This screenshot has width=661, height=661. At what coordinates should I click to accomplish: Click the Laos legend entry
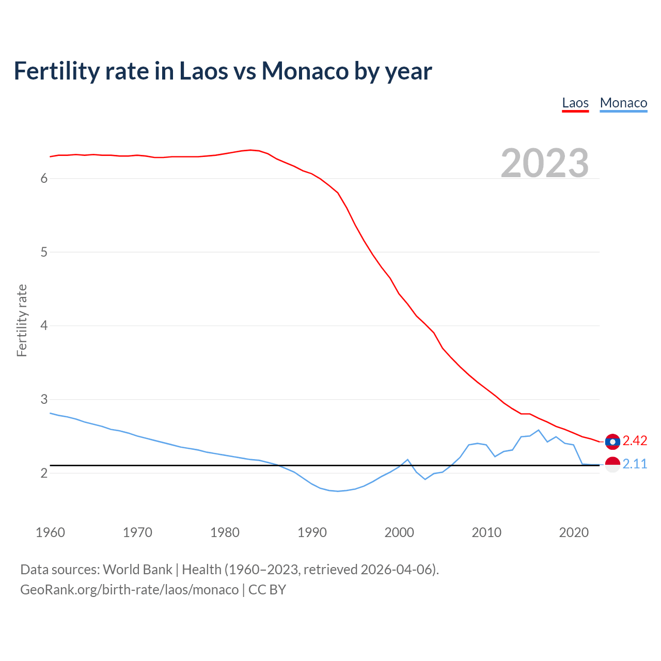pyautogui.click(x=575, y=103)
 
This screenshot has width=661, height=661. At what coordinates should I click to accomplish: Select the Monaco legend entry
pyautogui.click(x=623, y=103)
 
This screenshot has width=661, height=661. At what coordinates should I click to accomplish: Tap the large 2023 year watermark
pyautogui.click(x=545, y=163)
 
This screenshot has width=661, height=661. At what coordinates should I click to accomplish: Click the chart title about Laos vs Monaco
pyautogui.click(x=223, y=71)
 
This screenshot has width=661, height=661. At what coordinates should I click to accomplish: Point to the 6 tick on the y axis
pyautogui.click(x=44, y=179)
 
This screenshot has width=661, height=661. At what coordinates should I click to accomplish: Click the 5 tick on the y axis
pyautogui.click(x=44, y=252)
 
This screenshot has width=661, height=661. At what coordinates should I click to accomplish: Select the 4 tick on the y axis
pyautogui.click(x=44, y=326)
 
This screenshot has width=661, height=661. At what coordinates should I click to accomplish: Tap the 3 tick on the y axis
pyautogui.click(x=44, y=399)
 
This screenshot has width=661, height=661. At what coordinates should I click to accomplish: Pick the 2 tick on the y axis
pyautogui.click(x=44, y=473)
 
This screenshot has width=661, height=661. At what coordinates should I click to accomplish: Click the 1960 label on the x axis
pyautogui.click(x=50, y=532)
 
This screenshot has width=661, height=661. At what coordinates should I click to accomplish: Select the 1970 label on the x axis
pyautogui.click(x=137, y=532)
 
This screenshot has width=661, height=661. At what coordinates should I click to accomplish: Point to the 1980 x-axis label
pyautogui.click(x=225, y=532)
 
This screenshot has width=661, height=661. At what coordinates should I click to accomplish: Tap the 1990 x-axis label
pyautogui.click(x=312, y=532)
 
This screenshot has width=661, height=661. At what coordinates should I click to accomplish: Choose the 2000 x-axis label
pyautogui.click(x=399, y=532)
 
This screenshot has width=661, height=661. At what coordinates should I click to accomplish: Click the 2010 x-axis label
pyautogui.click(x=486, y=532)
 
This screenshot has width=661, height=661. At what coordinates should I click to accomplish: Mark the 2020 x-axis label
pyautogui.click(x=574, y=532)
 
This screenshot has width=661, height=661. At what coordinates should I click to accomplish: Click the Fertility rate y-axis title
pyautogui.click(x=22, y=320)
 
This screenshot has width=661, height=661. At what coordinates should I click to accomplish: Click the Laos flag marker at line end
pyautogui.click(x=612, y=442)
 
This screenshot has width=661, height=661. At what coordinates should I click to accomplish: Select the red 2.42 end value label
pyautogui.click(x=635, y=440)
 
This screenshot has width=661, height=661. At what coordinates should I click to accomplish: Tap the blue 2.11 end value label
pyautogui.click(x=635, y=464)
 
